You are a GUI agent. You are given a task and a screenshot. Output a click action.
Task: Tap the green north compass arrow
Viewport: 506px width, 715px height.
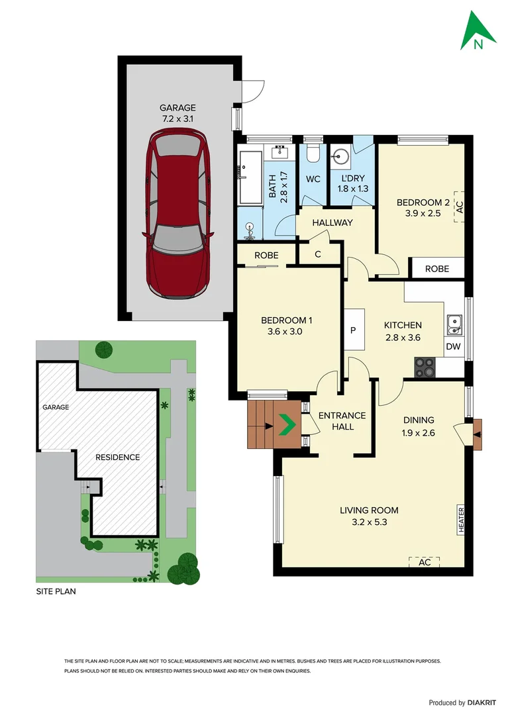coord(478,32)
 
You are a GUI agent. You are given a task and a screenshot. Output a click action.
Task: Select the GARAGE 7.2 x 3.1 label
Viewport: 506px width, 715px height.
coord(177,113)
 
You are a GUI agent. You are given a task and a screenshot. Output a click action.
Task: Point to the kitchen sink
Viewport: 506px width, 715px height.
coord(454,324)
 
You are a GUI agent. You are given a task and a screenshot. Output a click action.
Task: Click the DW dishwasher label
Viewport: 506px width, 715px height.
coord(454,346)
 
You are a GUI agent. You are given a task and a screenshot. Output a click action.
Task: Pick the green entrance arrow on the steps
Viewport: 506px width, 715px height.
coord(286,424)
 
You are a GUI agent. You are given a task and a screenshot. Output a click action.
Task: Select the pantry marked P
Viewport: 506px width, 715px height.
coord(353,330)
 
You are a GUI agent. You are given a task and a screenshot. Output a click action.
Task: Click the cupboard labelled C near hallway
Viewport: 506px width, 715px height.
coord(318,254)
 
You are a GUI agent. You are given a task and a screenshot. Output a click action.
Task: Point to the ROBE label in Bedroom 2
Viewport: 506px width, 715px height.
coord(437,269)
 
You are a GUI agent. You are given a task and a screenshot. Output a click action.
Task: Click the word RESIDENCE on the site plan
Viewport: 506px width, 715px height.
coord(117,457)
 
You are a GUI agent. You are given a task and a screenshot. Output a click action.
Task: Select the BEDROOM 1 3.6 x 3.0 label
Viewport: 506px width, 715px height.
coord(287,326)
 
